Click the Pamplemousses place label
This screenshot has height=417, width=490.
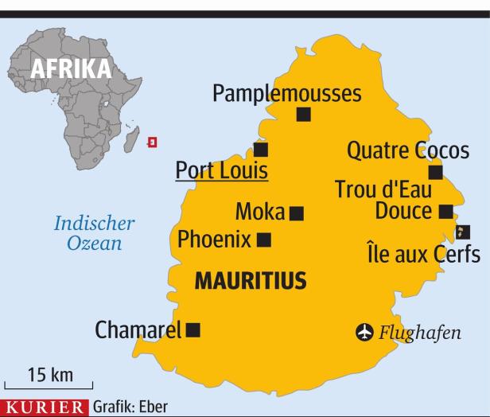(x=286, y=93)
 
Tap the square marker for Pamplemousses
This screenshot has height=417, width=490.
(x=303, y=115)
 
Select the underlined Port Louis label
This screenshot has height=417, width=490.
(x=221, y=170)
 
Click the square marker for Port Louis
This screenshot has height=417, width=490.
(x=261, y=150)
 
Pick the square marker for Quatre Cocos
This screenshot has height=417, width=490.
(x=435, y=173)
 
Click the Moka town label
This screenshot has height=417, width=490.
(x=259, y=212)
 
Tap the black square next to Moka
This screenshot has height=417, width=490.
(x=297, y=213)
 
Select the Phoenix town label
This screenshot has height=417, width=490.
(x=214, y=239)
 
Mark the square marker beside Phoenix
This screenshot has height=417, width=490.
(x=264, y=240)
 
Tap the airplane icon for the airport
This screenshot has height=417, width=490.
(x=364, y=332)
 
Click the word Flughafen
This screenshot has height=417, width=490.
(x=419, y=333)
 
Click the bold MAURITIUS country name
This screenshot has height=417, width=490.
(x=251, y=281)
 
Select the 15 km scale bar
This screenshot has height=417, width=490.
(x=49, y=383)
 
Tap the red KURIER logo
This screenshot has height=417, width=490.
(x=45, y=407)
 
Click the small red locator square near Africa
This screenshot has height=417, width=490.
(x=153, y=142)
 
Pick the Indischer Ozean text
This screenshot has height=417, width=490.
(x=94, y=233)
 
